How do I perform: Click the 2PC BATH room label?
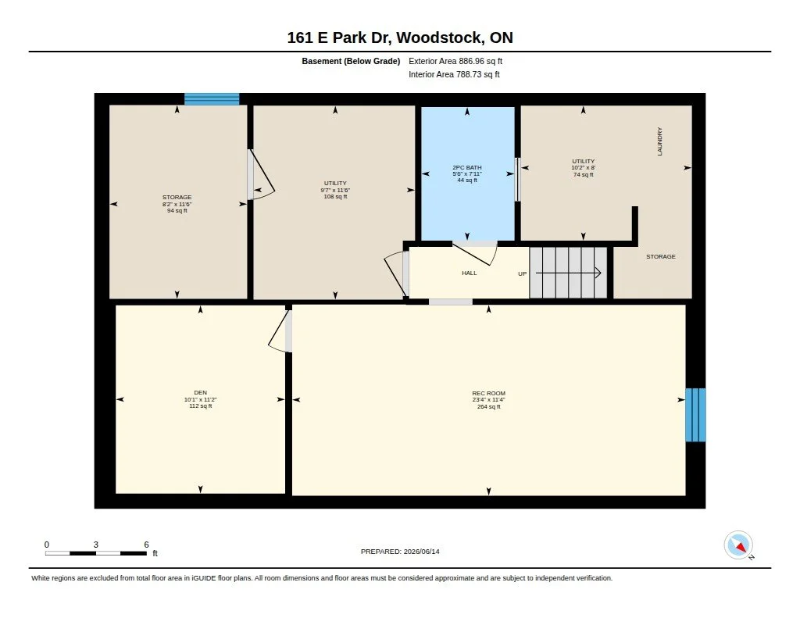(467, 167)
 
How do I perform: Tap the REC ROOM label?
(488, 394)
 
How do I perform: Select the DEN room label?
(201, 392)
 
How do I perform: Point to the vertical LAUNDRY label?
(659, 141)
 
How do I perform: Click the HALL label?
(470, 273)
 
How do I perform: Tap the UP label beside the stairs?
(523, 274)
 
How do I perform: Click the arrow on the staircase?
(568, 273)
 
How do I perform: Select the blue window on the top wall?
(212, 99)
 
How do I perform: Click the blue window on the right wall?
(695, 415)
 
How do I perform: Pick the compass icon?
(738, 545)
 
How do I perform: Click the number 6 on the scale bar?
(146, 545)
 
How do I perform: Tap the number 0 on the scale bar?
(47, 545)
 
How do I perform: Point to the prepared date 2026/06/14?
(421, 552)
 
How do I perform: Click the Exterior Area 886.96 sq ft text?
(455, 61)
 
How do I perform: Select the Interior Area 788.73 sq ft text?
(454, 74)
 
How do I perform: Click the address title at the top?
(400, 38)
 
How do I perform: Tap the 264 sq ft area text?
(488, 407)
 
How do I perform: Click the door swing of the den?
(278, 332)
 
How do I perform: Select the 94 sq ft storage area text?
(177, 211)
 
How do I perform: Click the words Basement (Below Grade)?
(351, 61)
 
